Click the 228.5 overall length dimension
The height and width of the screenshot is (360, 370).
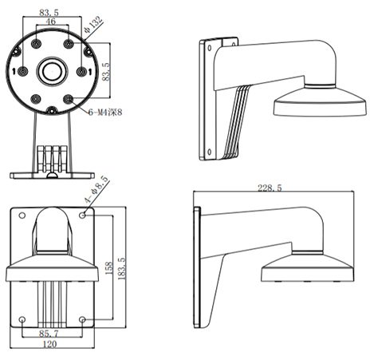[x=270, y=188]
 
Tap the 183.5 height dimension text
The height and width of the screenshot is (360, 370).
[x=122, y=268]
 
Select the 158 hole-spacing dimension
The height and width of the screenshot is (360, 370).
[x=109, y=268]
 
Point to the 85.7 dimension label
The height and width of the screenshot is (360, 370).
[x=49, y=334]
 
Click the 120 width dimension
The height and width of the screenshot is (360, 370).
[x=49, y=344]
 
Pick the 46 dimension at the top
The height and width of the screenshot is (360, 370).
[x=51, y=22]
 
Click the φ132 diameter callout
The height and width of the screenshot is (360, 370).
[x=93, y=25]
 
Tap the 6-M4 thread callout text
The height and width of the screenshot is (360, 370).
[x=105, y=113]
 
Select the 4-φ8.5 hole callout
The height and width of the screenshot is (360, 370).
[x=96, y=190]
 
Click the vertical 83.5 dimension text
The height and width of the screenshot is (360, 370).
[x=106, y=72]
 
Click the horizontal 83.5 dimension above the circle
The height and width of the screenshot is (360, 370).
[x=49, y=13]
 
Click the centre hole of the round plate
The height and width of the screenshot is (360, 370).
[x=52, y=71]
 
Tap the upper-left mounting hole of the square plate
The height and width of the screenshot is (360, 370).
[x=22, y=215]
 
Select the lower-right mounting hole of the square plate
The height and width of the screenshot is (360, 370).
[x=82, y=319]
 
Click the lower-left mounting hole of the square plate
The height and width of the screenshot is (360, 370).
[x=22, y=319]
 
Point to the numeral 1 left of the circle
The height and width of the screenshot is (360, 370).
[x=14, y=71]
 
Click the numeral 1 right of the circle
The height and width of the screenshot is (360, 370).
[x=90, y=71]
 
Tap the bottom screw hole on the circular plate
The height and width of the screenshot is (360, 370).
[x=51, y=110]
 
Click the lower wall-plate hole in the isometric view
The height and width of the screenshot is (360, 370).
[x=210, y=152]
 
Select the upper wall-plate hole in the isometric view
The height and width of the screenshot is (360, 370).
[x=210, y=48]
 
